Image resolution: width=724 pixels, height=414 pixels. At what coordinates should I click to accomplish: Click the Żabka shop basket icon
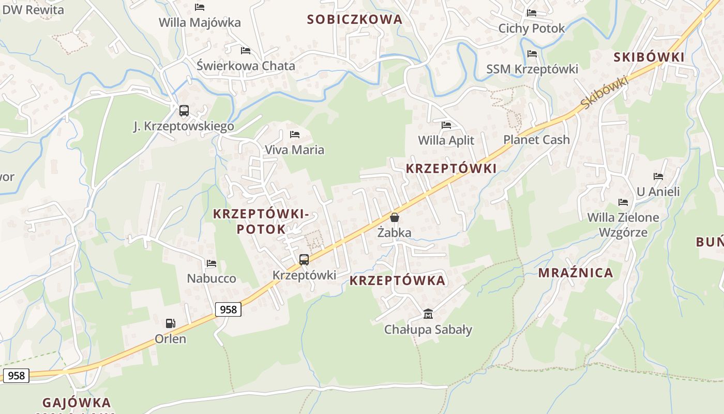395,217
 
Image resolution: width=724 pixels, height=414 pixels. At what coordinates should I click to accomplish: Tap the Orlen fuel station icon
170,323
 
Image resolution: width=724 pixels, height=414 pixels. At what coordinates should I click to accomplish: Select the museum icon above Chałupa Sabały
428,314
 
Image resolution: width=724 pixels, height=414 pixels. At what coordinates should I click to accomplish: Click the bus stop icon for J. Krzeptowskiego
184,110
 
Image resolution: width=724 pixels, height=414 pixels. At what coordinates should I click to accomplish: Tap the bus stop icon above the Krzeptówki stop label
304,260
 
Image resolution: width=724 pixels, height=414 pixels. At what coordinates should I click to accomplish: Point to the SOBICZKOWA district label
354,20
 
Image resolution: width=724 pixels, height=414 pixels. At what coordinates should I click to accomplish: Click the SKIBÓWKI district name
648,57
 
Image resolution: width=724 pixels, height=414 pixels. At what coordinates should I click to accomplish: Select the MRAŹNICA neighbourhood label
576,273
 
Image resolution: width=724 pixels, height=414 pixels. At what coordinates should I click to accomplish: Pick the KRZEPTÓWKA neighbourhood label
397,280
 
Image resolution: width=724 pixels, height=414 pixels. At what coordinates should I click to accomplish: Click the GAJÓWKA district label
77,403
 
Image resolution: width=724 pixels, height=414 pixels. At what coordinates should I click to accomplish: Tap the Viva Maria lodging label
294,150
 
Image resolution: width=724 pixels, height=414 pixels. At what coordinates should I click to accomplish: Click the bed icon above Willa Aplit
446,125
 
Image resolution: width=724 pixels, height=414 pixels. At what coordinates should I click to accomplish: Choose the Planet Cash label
536,140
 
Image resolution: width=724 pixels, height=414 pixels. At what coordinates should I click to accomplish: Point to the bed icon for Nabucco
211,263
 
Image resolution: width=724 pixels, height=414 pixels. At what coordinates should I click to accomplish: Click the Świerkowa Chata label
246,66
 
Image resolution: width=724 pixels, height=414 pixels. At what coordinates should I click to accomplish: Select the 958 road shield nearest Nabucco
228,309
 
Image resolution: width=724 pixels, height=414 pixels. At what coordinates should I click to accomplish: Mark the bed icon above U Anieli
658,176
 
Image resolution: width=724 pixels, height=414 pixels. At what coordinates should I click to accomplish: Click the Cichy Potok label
531,28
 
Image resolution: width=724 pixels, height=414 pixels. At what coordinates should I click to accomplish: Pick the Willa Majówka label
200,23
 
